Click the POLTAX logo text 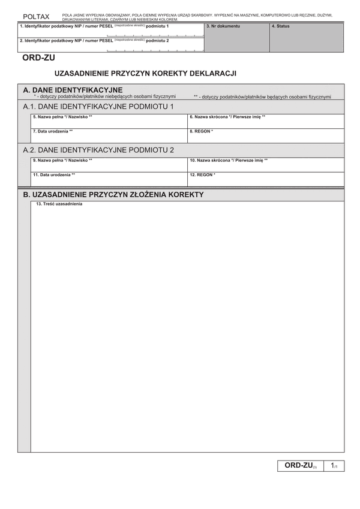[36, 17]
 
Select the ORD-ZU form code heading [38, 58]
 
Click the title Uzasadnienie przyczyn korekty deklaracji [145, 73]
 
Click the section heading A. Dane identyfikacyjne [73, 90]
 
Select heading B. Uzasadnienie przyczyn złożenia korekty [113, 194]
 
